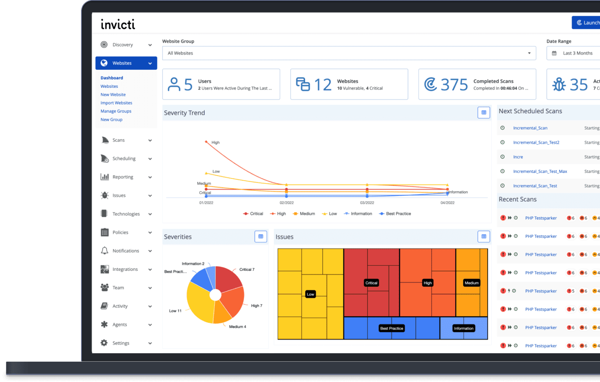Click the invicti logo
118,25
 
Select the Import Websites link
116,103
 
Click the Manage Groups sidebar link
116,111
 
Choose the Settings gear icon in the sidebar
104,343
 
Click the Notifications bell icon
104,251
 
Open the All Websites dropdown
349,53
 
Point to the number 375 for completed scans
454,85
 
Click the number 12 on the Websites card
323,85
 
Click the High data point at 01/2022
206,142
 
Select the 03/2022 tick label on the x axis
367,203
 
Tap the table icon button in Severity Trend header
484,113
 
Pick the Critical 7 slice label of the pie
246,270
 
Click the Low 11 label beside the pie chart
175,311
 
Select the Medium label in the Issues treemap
471,283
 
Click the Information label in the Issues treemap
464,329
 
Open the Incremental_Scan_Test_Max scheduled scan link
540,171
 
